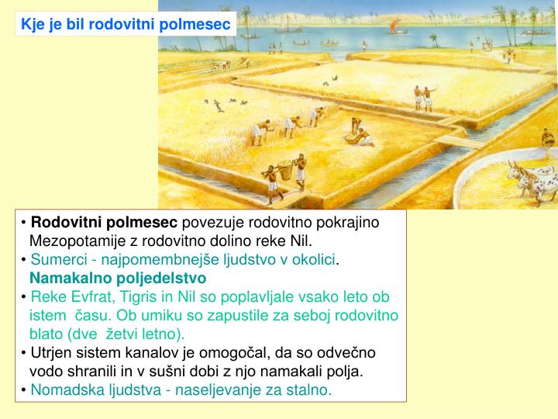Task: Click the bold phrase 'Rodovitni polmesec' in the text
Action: (104, 223)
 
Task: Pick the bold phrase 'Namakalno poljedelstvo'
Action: (118, 278)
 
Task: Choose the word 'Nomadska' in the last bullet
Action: (64, 390)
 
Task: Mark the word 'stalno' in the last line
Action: (310, 390)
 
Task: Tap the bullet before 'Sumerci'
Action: (25, 259)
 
